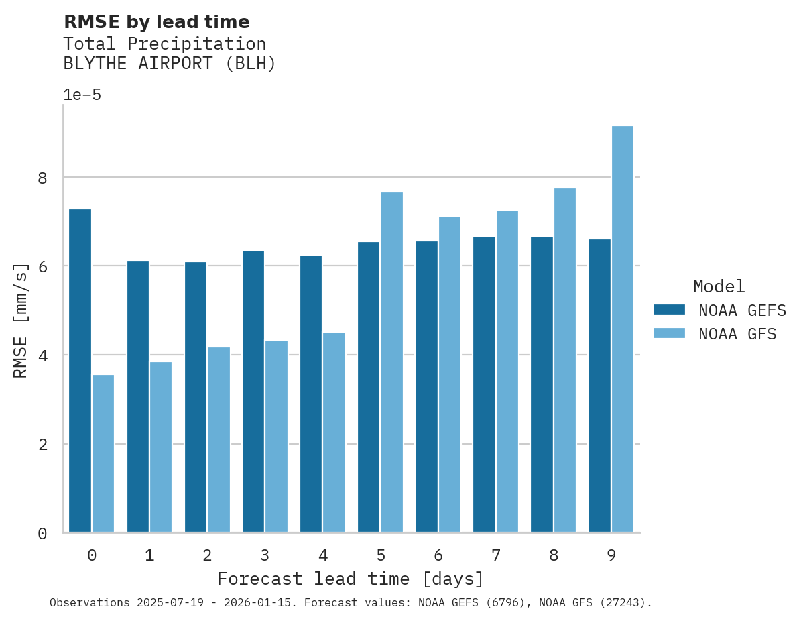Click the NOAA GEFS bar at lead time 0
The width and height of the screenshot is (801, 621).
pos(80,371)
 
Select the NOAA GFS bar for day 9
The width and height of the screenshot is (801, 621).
pos(622,329)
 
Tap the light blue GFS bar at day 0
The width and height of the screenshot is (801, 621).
pos(103,453)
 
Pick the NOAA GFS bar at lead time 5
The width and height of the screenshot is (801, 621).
pos(391,362)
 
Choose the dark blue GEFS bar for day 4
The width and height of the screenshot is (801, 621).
pos(310,394)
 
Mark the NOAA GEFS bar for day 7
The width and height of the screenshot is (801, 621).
pos(484,384)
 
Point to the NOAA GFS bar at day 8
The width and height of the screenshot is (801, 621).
pos(564,360)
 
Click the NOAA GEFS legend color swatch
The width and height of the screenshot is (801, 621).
pos(669,310)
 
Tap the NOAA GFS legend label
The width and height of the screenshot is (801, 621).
pos(737,334)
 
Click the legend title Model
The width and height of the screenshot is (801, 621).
pos(719,287)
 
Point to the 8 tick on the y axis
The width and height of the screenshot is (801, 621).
pos(42,178)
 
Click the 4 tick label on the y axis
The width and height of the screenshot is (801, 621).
pos(42,355)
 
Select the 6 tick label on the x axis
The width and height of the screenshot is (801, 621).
pos(438,555)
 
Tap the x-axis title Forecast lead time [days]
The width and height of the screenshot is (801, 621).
pos(350,579)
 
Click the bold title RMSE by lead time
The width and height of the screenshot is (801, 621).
pos(156,22)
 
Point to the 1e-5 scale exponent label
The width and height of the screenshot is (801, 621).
pos(82,95)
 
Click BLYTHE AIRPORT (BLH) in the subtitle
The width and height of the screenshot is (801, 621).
pos(170,64)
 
